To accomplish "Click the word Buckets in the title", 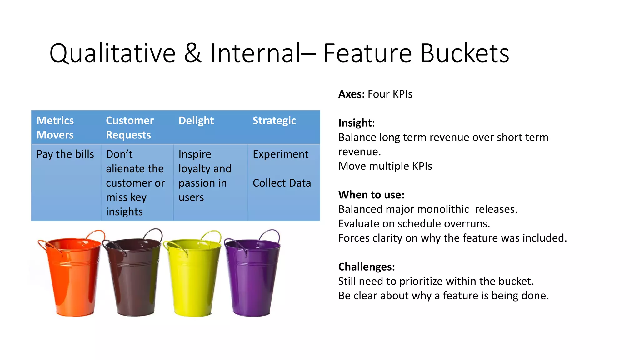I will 464,53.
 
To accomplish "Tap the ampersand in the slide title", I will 192,53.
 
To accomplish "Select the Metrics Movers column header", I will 55,127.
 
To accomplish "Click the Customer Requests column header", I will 130,127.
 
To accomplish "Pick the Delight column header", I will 196,121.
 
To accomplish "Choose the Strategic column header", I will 274,121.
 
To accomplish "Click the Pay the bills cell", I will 65,154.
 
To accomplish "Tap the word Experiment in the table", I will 280,154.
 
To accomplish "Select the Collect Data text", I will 282,183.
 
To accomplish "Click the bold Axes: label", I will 351,94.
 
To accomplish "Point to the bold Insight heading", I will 355,123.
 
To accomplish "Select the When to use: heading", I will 371,195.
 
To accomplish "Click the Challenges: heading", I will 367,267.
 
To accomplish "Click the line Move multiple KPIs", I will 385,166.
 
